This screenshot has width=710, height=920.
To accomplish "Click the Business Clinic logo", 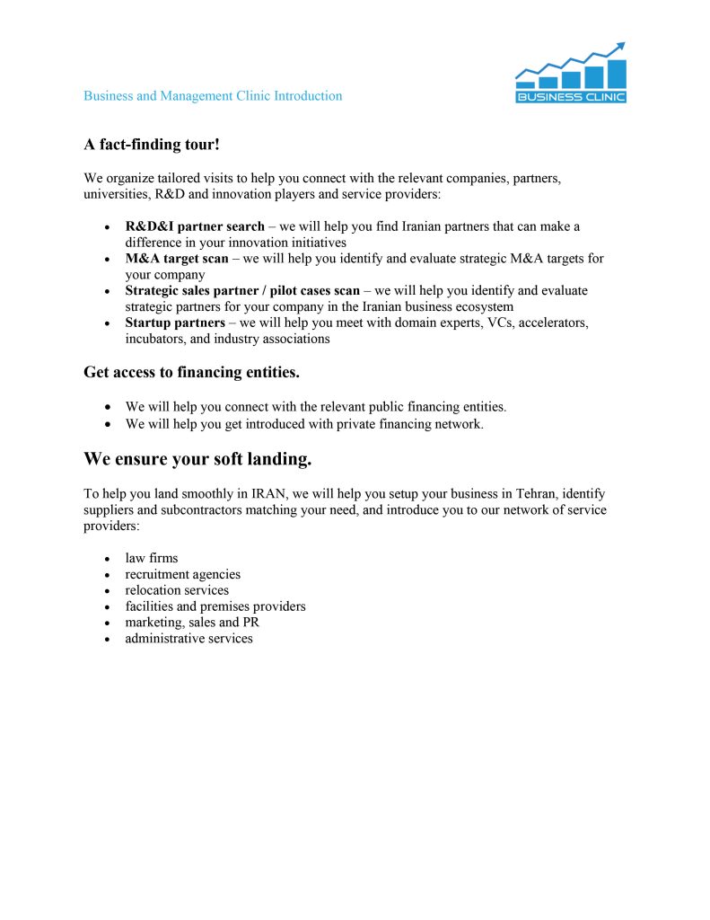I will pyautogui.click(x=571, y=75).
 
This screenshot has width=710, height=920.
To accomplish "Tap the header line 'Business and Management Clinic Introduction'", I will pyautogui.click(x=213, y=96).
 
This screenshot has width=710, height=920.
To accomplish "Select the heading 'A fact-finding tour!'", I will pyautogui.click(x=152, y=144).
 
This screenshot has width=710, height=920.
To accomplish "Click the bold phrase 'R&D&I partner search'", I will pyautogui.click(x=195, y=226).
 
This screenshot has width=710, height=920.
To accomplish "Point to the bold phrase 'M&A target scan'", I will pyautogui.click(x=177, y=259).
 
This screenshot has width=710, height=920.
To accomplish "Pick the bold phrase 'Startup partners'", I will pyautogui.click(x=175, y=323).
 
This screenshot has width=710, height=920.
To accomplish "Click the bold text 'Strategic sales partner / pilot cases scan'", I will pyautogui.click(x=242, y=291).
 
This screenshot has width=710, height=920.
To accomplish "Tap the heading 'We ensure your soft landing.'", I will pyautogui.click(x=197, y=460).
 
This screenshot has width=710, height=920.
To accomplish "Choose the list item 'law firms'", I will pyautogui.click(x=152, y=558).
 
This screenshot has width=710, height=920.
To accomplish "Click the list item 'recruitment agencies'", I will pyautogui.click(x=183, y=574).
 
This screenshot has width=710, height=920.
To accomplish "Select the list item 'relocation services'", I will pyautogui.click(x=177, y=590).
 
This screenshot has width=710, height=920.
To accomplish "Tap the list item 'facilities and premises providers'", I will pyautogui.click(x=215, y=606).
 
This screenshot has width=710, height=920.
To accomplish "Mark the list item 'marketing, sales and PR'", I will pyautogui.click(x=192, y=623).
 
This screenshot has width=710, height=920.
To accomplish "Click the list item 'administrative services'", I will pyautogui.click(x=188, y=639).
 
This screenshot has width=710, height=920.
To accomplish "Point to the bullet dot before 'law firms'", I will pyautogui.click(x=108, y=559).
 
